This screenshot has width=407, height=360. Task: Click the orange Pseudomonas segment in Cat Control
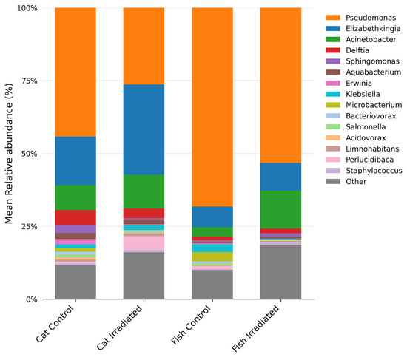coord(75,72)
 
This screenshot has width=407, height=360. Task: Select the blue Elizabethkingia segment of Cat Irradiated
coord(144,129)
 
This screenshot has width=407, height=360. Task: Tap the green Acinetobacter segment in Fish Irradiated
coord(281,210)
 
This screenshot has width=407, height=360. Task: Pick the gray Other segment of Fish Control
coord(212,285)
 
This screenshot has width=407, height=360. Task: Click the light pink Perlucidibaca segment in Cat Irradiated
coord(144,243)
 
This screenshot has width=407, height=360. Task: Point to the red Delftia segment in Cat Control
coord(75,217)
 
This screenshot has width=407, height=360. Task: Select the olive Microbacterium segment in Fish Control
coord(212,257)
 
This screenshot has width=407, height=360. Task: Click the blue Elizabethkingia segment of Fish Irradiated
coord(281,177)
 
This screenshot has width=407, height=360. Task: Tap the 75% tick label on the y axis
coord(30,81)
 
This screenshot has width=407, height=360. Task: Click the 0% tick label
coord(32,299)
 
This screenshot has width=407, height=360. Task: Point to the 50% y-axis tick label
coord(30,154)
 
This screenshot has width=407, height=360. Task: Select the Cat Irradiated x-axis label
coord(119,327)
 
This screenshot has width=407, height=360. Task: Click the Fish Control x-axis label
coord(191,325)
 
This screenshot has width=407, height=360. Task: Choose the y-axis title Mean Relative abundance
coord(9,154)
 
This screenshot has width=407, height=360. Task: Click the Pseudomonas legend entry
coord(361,18)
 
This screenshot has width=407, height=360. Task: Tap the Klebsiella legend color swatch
coord(333,94)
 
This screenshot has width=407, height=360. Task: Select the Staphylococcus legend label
coord(374,171)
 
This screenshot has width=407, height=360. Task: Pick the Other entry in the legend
coord(346,182)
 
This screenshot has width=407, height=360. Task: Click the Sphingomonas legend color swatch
coord(333,61)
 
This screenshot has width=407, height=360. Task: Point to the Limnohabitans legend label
coord(372,149)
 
